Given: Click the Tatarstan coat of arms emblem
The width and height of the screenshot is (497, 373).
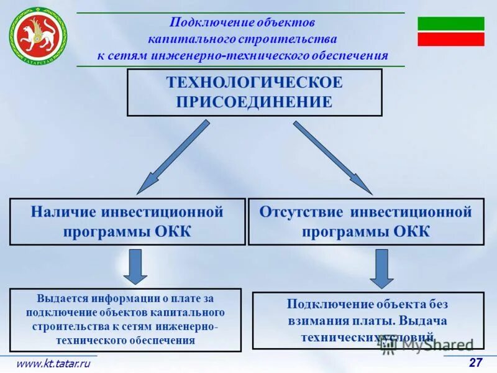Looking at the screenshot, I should (37, 35).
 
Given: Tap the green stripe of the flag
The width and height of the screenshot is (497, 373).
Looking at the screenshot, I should (450, 24).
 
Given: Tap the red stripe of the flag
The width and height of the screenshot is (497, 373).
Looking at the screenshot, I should (450, 39).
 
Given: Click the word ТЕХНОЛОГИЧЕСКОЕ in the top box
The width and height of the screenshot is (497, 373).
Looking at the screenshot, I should (254, 83).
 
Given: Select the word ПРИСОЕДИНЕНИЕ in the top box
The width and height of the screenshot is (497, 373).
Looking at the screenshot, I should (254, 102).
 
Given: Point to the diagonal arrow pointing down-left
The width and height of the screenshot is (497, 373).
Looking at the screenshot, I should (172, 157).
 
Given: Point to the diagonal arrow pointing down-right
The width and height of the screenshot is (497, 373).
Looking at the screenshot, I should (333, 157).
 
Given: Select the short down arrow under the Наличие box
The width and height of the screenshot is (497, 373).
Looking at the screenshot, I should (135, 267).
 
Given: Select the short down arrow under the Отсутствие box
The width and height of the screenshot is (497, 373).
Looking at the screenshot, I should (381, 268).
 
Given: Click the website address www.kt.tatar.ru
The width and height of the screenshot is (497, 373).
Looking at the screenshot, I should (53, 364).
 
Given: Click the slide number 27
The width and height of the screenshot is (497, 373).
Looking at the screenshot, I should (475, 363).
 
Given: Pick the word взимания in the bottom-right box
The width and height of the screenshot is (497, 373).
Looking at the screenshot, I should (314, 321).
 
